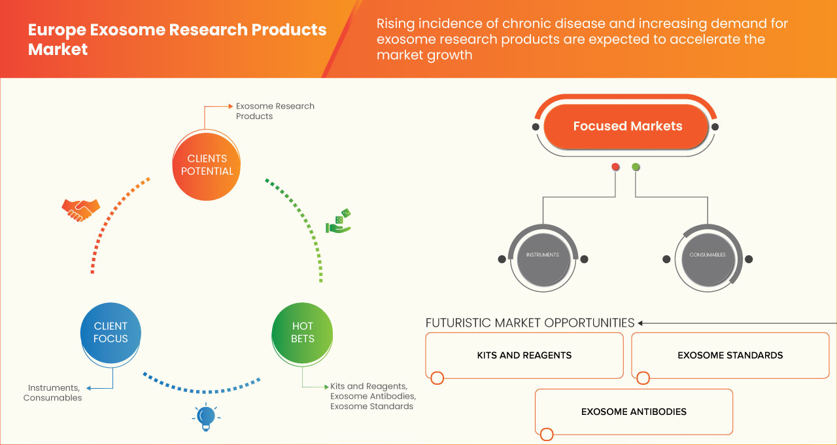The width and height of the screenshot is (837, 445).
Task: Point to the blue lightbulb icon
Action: tap(205, 417)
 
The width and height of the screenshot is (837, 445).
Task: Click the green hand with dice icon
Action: tap(338, 222)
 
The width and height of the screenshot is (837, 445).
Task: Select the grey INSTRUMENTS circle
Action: tap(543, 255)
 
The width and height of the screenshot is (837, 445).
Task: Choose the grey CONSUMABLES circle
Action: tap(708, 255)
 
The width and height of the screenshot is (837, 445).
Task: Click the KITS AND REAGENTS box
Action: tap(524, 355)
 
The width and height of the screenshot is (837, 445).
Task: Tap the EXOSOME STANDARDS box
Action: tap(730, 355)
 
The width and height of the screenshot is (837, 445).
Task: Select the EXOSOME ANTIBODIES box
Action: tap(634, 412)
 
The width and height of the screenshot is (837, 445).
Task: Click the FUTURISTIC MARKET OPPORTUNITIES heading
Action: tap(530, 323)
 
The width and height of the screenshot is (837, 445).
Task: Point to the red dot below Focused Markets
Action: tap(615, 167)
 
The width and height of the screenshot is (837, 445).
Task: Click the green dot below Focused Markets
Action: tap(636, 167)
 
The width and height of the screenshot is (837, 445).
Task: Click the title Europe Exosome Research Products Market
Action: tap(177, 39)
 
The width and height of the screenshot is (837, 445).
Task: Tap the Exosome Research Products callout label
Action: tap(275, 111)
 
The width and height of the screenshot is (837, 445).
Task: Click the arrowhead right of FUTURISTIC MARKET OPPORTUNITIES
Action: tap(641, 323)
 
